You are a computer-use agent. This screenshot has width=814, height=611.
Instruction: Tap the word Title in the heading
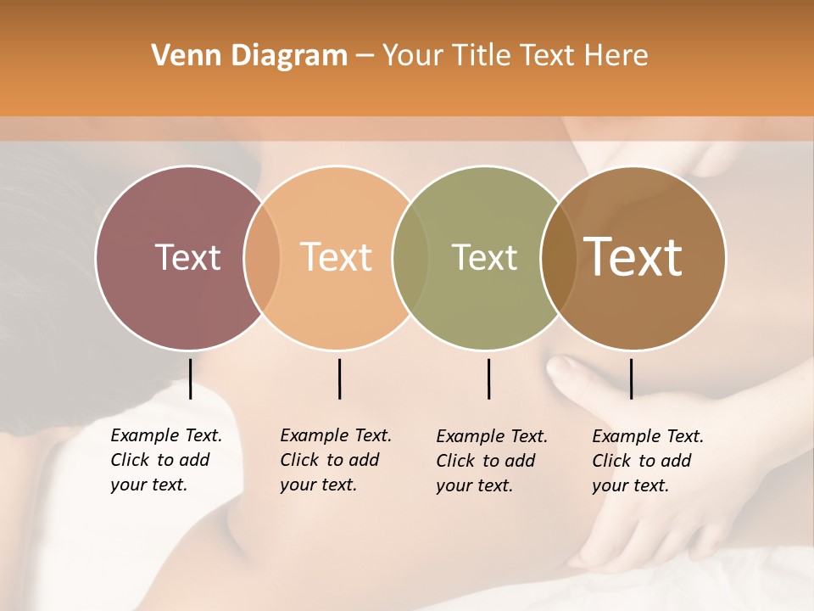click(x=482, y=56)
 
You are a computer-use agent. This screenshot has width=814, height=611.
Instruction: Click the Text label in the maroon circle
click(x=187, y=257)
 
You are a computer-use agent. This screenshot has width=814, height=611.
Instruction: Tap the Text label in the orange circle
click(x=337, y=257)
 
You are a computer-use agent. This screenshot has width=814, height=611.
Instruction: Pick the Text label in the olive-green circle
click(x=484, y=257)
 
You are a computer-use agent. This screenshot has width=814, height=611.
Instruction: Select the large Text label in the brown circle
click(x=633, y=257)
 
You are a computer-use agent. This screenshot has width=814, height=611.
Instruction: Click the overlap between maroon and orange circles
click(x=262, y=257)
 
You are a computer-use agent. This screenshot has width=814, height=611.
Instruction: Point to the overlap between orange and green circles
click(x=410, y=257)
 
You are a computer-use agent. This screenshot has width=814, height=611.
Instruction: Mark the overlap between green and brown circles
click(x=557, y=257)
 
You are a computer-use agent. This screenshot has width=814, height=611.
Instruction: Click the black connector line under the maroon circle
click(x=190, y=378)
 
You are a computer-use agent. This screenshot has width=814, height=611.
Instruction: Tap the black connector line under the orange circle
click(x=339, y=378)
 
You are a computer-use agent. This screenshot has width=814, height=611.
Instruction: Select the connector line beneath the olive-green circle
click(x=488, y=378)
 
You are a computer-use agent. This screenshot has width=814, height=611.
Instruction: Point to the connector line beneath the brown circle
click(x=631, y=378)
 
